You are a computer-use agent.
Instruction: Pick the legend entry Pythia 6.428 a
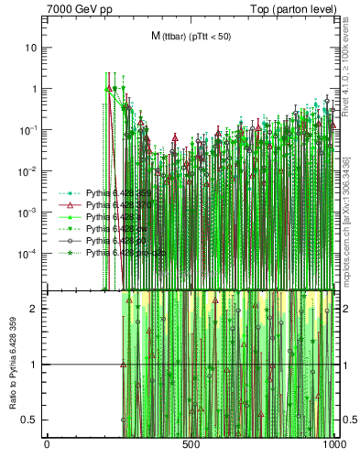pyautogui.click(x=115, y=217)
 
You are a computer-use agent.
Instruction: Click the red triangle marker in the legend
pyautogui.click(x=71, y=206)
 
